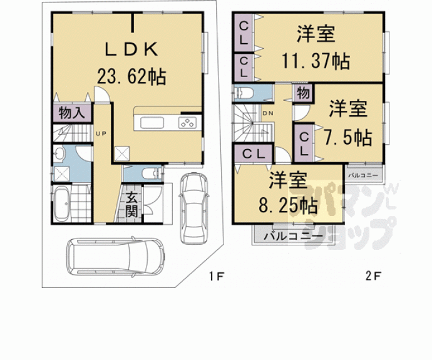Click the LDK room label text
tap(131, 49)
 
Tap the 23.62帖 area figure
tap(131, 76)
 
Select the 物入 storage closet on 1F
tap(72, 113)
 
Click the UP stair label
tap(101, 133)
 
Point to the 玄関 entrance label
tap(131, 205)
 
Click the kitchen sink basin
tap(152, 123)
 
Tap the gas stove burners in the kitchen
tap(188, 123)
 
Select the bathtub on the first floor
tap(61, 204)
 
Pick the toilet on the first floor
tap(151, 174)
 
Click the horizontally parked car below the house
tap(116, 256)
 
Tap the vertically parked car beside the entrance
tap(193, 208)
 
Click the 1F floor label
tap(217, 276)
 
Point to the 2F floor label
tap(373, 276)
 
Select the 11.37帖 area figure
tap(316, 61)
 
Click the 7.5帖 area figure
tap(348, 137)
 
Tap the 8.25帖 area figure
tap(288, 205)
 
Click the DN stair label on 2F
tap(268, 113)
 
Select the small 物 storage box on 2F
tap(303, 93)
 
